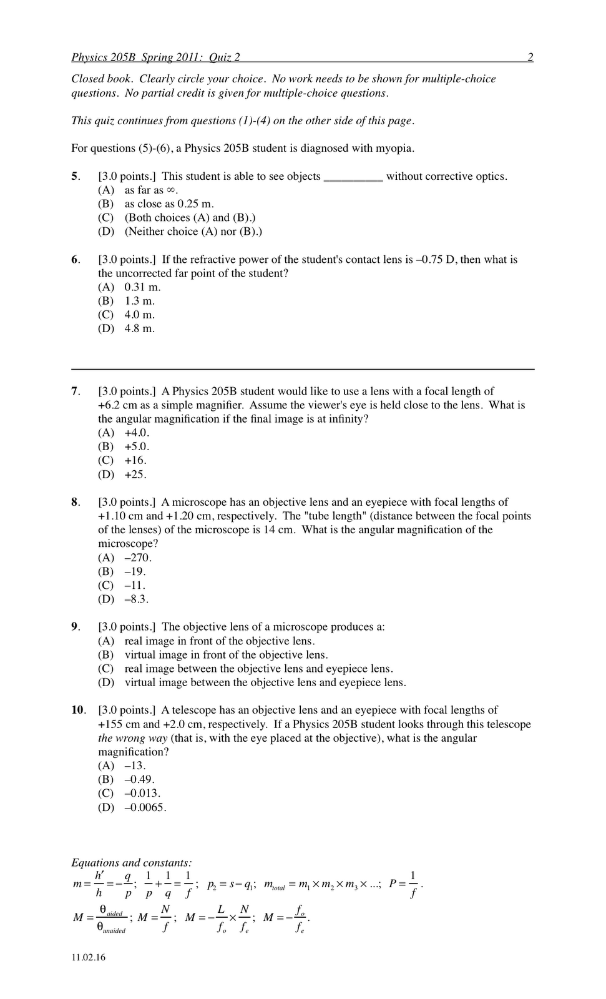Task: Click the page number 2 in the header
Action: click(x=530, y=57)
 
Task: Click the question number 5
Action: click(x=75, y=176)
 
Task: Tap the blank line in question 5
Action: click(x=353, y=177)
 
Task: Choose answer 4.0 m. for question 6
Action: click(x=139, y=315)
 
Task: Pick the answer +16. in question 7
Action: click(x=135, y=460)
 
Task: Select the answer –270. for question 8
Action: click(x=138, y=558)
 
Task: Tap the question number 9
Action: click(x=75, y=627)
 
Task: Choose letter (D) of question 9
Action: click(x=106, y=682)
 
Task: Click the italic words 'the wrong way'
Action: click(x=133, y=738)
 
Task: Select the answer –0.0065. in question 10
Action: click(x=145, y=807)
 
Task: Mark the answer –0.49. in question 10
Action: click(x=139, y=779)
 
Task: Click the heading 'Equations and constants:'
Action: click(x=132, y=863)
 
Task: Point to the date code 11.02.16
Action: click(x=89, y=958)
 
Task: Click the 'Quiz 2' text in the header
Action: click(x=224, y=57)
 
